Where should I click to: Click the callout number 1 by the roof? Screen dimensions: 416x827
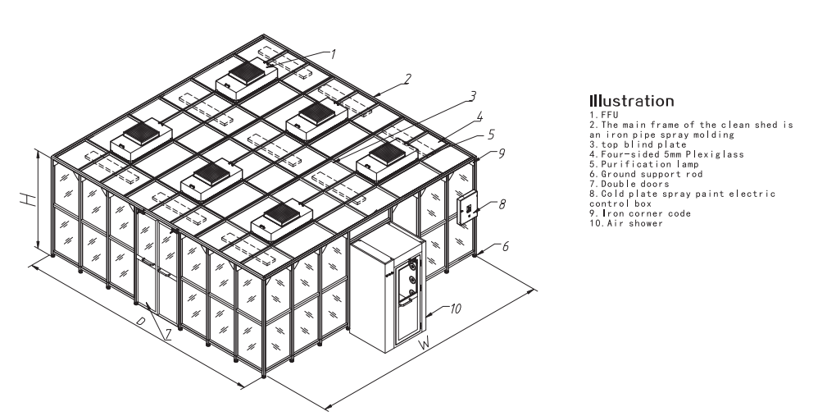(x=334, y=54)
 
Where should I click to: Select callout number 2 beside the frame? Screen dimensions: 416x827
(x=406, y=80)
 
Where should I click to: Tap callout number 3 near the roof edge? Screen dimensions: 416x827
(x=472, y=97)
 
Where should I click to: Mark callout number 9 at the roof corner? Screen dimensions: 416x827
(x=489, y=152)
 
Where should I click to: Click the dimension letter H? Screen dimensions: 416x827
(x=27, y=199)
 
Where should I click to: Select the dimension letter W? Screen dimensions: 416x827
(x=425, y=343)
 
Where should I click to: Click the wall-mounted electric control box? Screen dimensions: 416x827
(x=466, y=208)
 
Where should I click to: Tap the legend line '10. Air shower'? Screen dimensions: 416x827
(x=624, y=223)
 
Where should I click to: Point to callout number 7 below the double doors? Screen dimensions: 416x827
(x=169, y=333)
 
